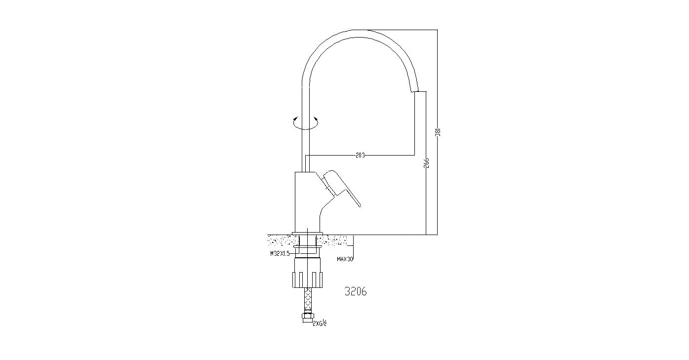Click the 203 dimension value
click(360, 155)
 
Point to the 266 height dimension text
click(426, 163)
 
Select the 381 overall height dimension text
click(438, 132)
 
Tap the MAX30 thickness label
click(345, 259)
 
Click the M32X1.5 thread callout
click(279, 253)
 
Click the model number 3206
click(356, 291)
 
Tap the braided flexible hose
click(308, 299)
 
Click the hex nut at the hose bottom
click(308, 318)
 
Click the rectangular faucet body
click(306, 202)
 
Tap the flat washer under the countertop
click(307, 246)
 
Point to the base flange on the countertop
click(307, 233)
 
